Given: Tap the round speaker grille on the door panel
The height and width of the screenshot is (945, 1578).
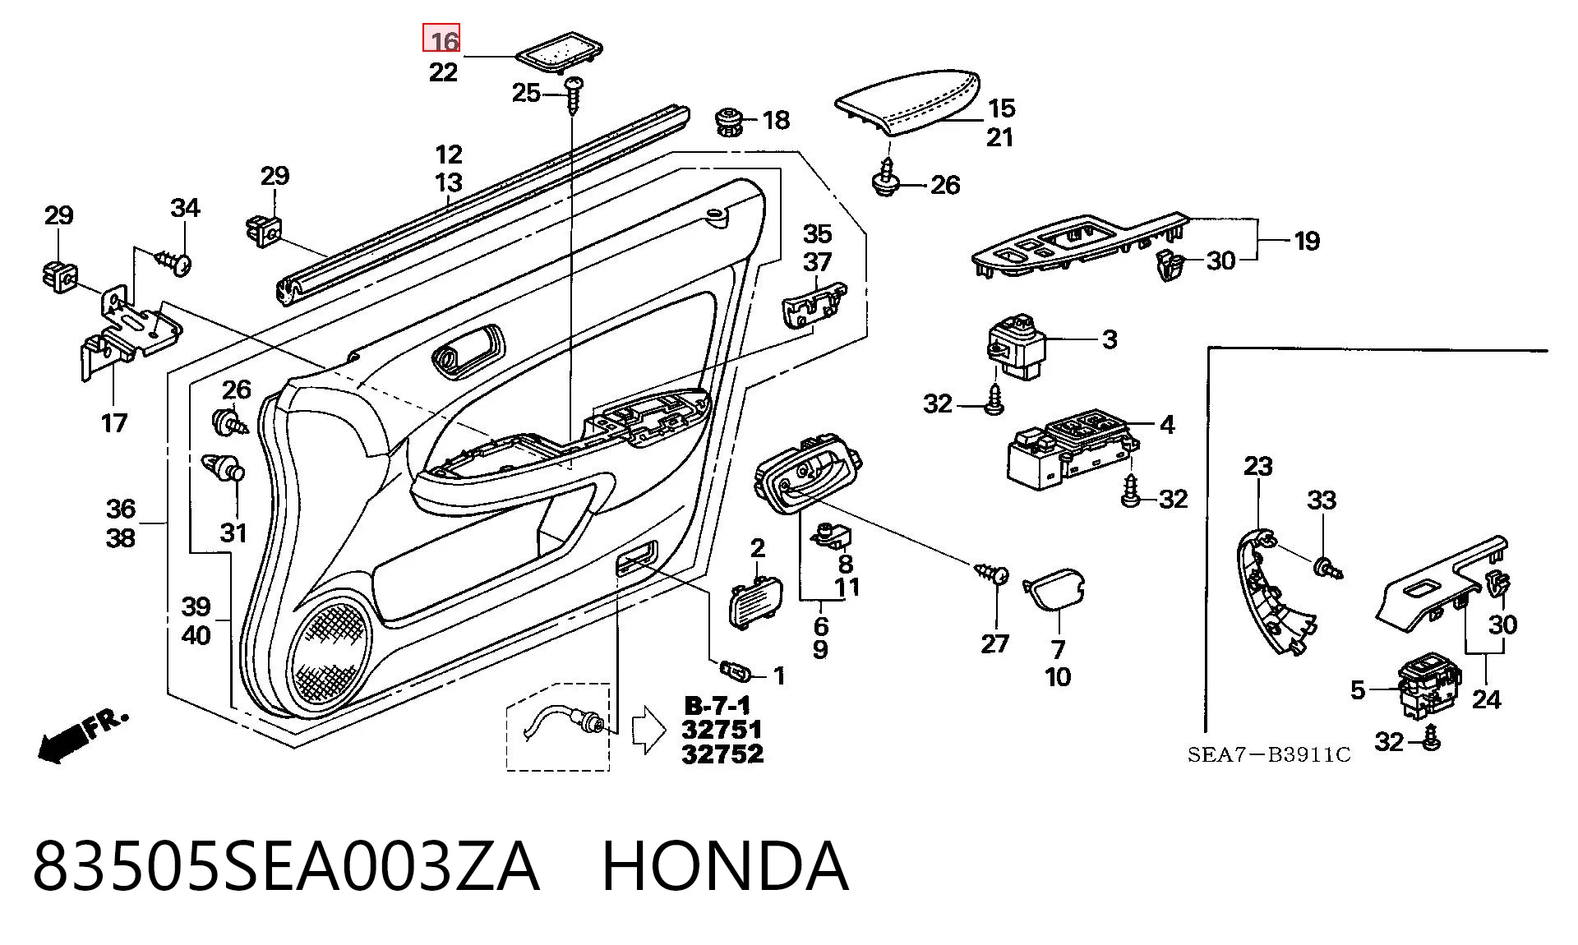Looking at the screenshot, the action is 330,654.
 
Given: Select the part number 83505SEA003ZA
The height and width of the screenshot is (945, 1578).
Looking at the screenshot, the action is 286,865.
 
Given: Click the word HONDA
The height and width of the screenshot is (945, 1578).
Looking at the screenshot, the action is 725,865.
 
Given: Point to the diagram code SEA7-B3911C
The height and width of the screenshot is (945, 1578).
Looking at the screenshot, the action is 1269,755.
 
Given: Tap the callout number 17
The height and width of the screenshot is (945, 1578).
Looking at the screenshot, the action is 114,423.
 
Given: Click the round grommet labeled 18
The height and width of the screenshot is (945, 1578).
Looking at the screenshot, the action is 727,122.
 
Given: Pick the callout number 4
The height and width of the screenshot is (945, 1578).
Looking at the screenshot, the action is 1167,425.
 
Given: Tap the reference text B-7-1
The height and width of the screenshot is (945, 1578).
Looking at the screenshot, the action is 717,706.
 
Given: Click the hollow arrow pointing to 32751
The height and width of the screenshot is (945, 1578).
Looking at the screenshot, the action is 648,730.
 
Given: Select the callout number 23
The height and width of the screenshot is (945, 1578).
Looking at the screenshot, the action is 1257,466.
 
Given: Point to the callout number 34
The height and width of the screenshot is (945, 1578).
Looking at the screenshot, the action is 185,208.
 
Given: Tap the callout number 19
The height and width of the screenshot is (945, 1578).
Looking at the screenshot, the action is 1307,241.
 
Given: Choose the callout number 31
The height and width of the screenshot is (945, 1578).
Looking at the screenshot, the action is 233,532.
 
